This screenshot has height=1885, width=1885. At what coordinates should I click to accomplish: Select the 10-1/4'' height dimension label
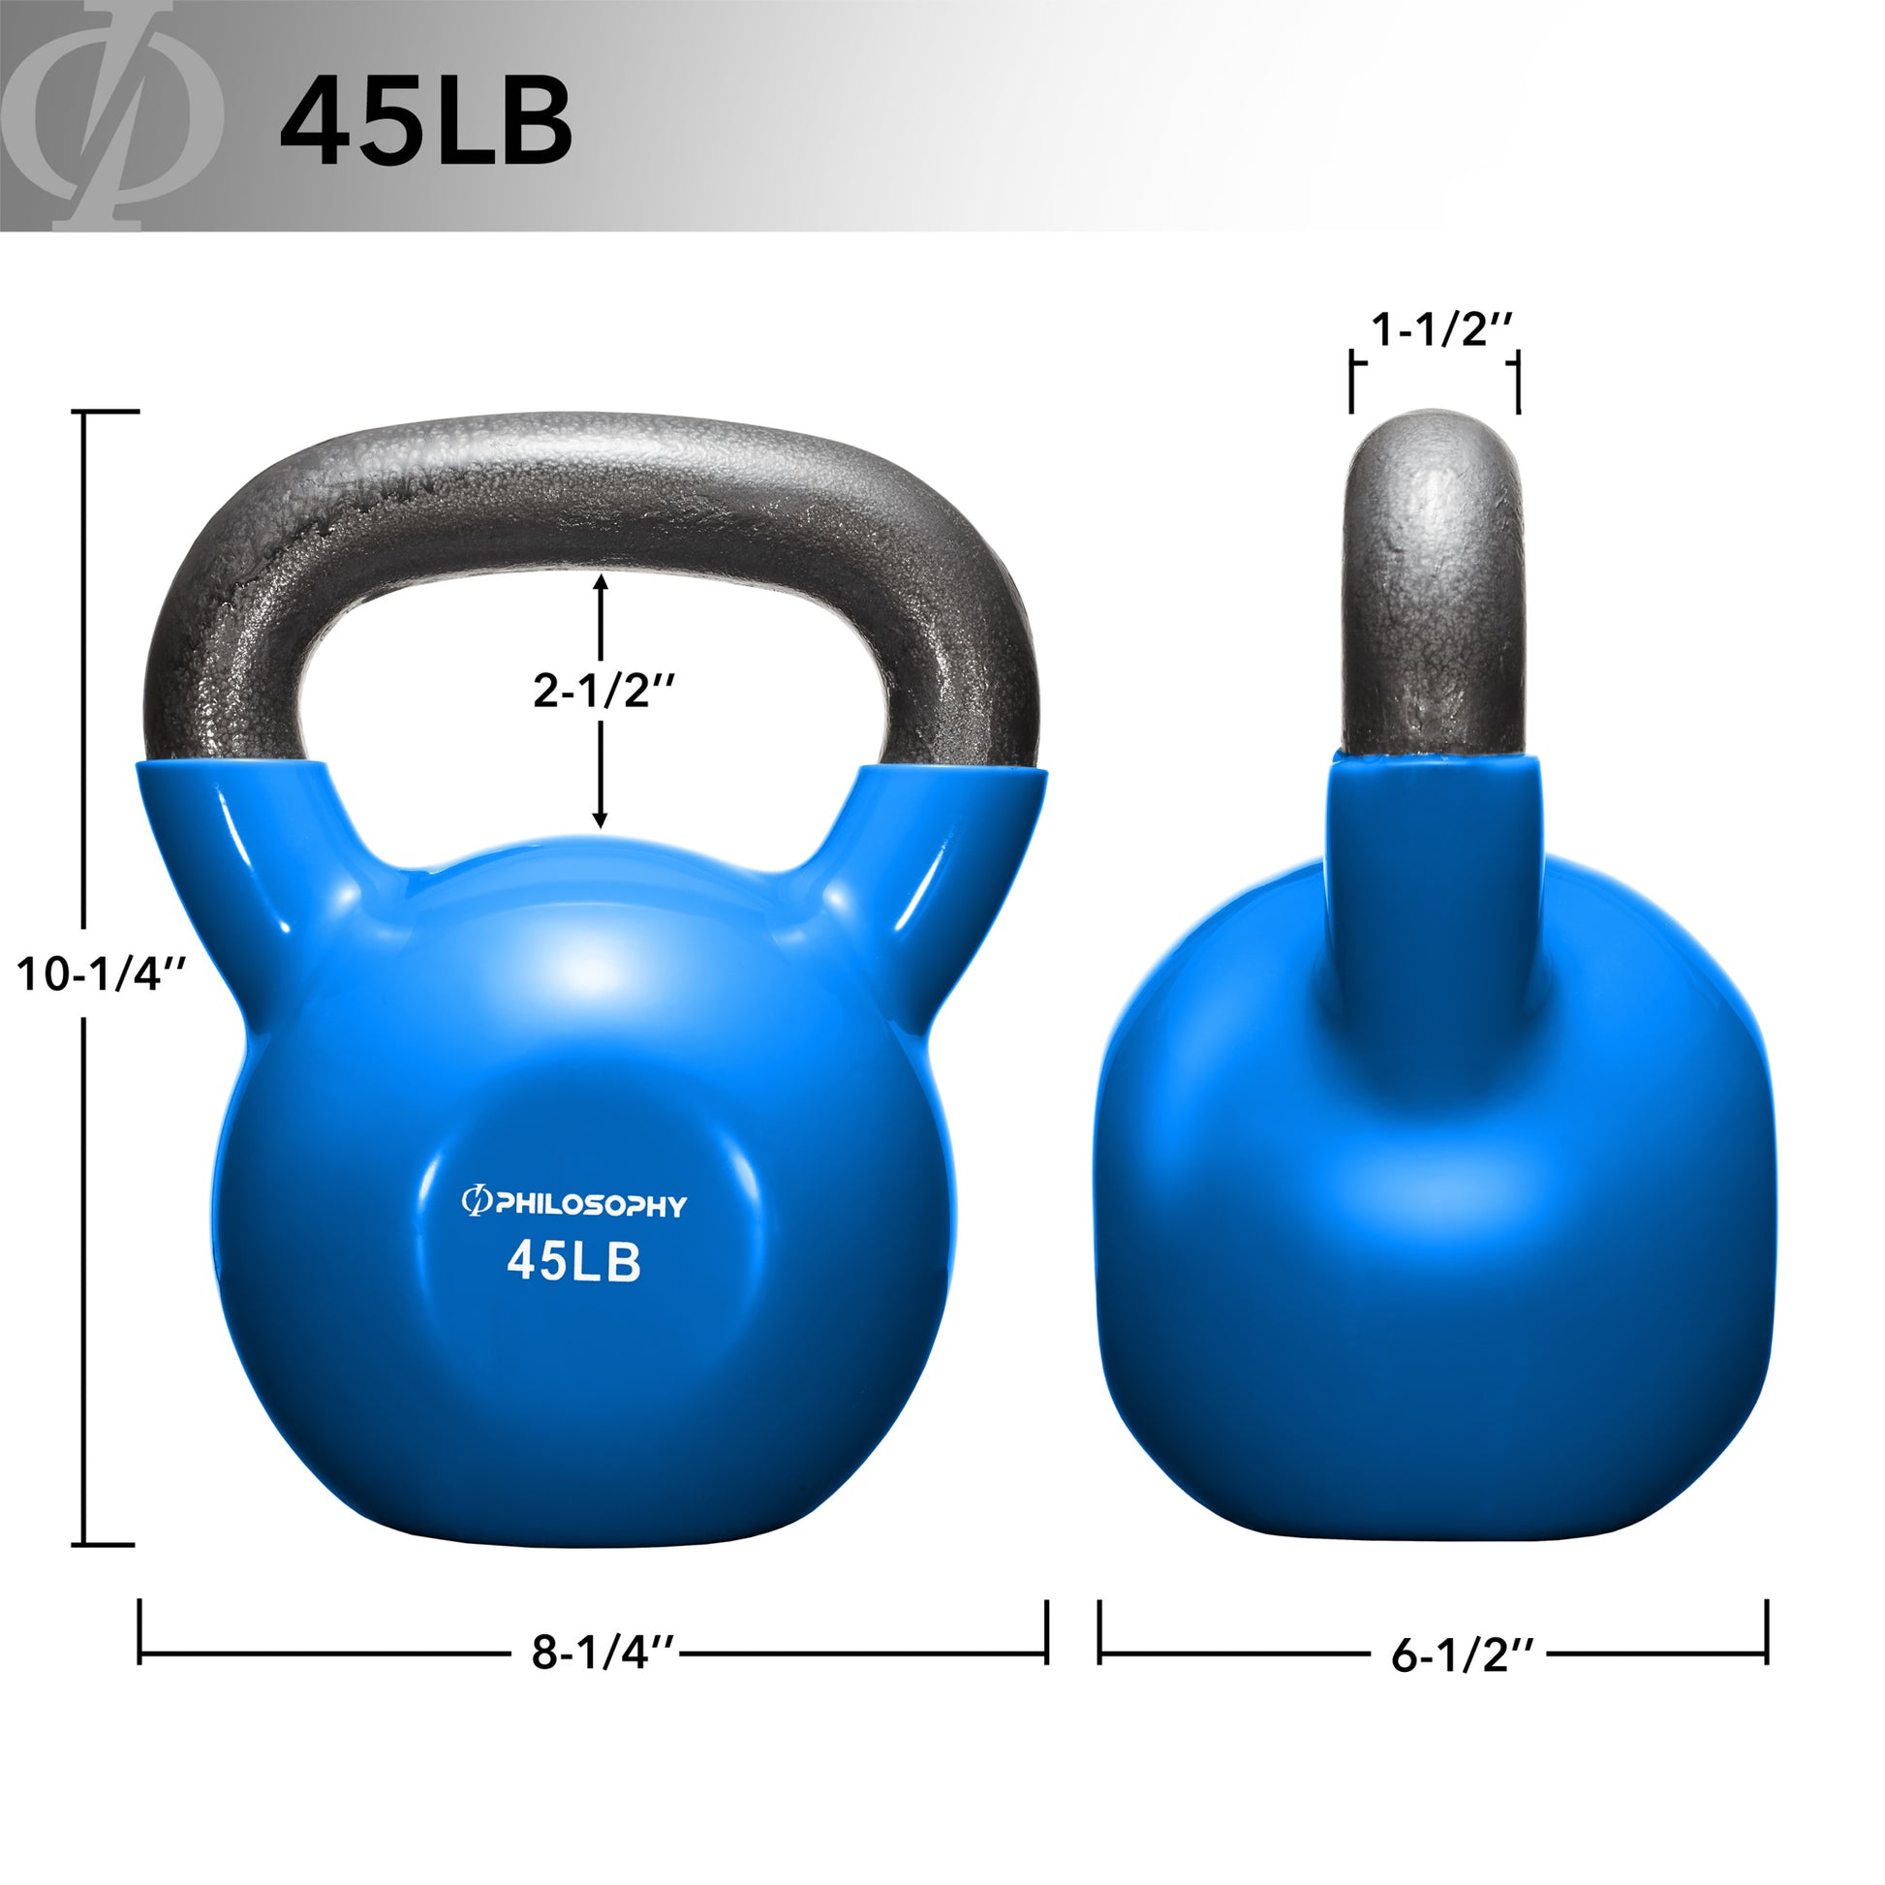point(102,973)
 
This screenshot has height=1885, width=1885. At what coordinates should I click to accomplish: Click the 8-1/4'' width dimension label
point(603,1653)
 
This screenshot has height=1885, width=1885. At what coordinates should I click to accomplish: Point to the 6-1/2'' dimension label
point(1463,1654)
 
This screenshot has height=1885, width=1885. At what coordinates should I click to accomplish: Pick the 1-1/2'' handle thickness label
point(1441,329)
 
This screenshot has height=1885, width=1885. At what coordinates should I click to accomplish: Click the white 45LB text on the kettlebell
point(573,1262)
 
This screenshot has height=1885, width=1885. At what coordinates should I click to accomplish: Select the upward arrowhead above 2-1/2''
point(601,582)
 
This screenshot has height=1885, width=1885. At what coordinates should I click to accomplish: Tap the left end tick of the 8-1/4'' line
point(140,1630)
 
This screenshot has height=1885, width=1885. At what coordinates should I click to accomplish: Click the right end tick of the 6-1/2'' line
point(1767,1630)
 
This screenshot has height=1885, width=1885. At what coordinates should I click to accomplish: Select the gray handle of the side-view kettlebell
point(1433,585)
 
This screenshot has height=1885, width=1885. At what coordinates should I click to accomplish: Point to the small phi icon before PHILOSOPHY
point(476,1203)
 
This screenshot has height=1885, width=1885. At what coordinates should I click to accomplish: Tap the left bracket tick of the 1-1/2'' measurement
point(1352,383)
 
